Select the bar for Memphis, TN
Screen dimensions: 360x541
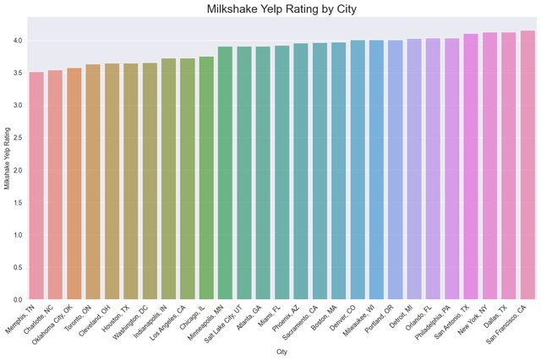click(36, 186)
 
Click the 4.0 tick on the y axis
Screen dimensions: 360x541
click(18, 41)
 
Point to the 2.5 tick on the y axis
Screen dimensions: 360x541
click(18, 138)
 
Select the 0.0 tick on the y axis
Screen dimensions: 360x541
click(18, 299)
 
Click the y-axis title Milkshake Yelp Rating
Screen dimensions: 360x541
click(7, 170)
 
